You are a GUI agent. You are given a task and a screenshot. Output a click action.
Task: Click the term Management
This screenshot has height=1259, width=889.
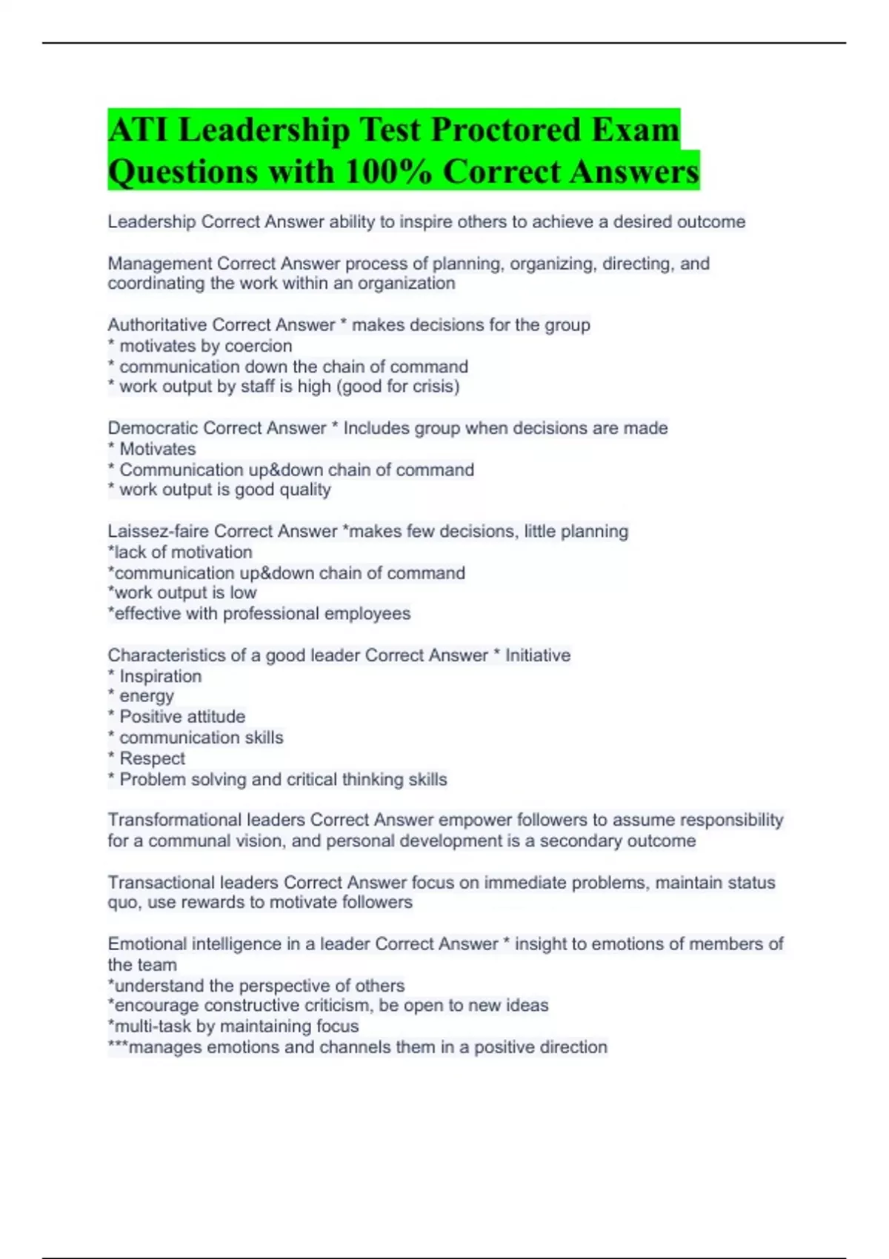pyautogui.click(x=159, y=264)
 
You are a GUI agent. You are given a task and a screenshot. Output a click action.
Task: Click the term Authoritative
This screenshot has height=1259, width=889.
pyautogui.click(x=157, y=325)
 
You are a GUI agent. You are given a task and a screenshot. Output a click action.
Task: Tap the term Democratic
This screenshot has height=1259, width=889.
pyautogui.click(x=153, y=428)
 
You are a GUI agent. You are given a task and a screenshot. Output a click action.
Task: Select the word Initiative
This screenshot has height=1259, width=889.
pyautogui.click(x=538, y=655)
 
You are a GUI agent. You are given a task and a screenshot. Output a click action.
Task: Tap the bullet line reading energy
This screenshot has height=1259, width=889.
pyautogui.click(x=147, y=696)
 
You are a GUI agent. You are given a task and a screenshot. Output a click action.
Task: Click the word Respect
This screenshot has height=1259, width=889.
pyautogui.click(x=152, y=758)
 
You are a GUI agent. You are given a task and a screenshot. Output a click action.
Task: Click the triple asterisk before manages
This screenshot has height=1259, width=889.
pyautogui.click(x=118, y=1046)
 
